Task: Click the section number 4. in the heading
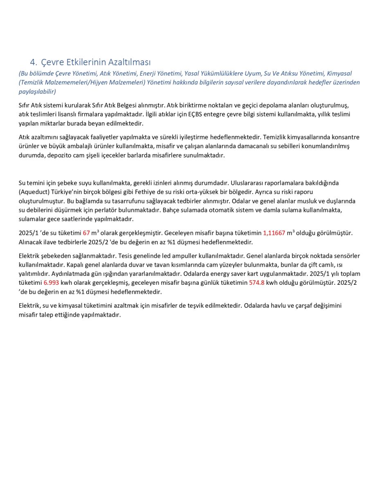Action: click(34, 62)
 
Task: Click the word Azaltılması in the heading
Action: click(130, 62)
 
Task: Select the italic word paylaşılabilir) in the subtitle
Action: click(37, 91)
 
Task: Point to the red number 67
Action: click(86, 233)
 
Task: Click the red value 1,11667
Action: click(274, 233)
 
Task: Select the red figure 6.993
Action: click(51, 282)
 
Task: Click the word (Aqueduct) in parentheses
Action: click(34, 192)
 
